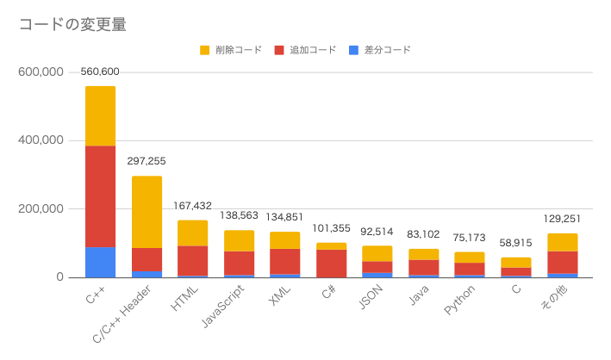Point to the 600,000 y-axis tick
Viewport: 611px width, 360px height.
[41, 72]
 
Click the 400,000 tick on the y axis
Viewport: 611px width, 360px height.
[41, 140]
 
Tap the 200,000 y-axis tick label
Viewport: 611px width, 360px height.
[41, 209]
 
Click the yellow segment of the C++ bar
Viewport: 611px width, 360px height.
[100, 115]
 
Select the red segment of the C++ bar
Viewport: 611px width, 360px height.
[100, 196]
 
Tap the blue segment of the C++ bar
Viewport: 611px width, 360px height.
[100, 262]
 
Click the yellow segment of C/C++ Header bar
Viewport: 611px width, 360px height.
[147, 212]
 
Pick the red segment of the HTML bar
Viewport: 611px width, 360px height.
[193, 260]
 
